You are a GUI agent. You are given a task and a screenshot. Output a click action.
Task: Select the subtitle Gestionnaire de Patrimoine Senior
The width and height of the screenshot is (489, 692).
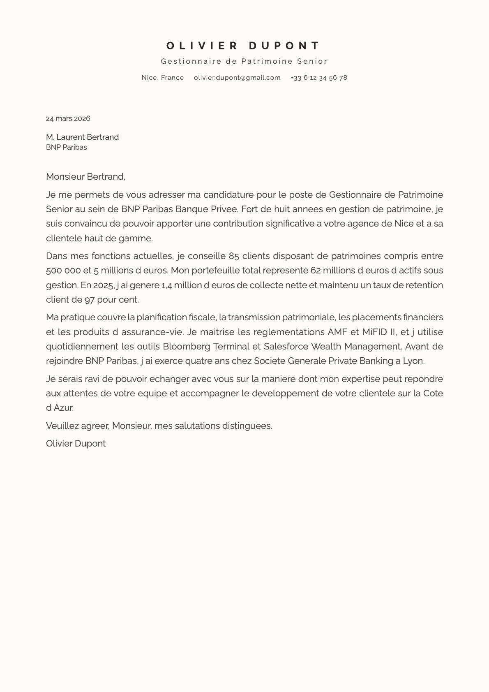[244, 61]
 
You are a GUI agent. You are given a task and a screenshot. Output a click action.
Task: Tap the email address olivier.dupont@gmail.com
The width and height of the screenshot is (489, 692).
[237, 78]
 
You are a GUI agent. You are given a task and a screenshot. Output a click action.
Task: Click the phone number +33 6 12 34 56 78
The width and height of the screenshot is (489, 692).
[319, 78]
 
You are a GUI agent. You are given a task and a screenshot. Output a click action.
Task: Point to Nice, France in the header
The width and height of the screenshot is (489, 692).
[163, 78]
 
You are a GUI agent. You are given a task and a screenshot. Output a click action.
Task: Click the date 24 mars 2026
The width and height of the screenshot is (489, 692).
[68, 119]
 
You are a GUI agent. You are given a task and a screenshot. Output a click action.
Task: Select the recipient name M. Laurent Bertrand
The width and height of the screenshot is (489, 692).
[82, 137]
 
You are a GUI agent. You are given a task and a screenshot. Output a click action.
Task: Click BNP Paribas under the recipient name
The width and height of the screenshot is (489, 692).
[67, 147]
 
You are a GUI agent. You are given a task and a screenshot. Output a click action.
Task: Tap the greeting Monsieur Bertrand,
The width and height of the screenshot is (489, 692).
[85, 177]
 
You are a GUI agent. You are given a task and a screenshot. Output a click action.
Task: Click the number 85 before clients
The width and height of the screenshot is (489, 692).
[234, 256]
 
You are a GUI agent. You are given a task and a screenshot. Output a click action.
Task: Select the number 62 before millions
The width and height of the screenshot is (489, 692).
[316, 271]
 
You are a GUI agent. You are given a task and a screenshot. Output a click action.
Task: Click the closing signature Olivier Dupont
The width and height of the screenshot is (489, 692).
[76, 444]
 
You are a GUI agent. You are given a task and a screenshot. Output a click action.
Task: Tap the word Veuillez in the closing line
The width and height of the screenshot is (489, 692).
[62, 426]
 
